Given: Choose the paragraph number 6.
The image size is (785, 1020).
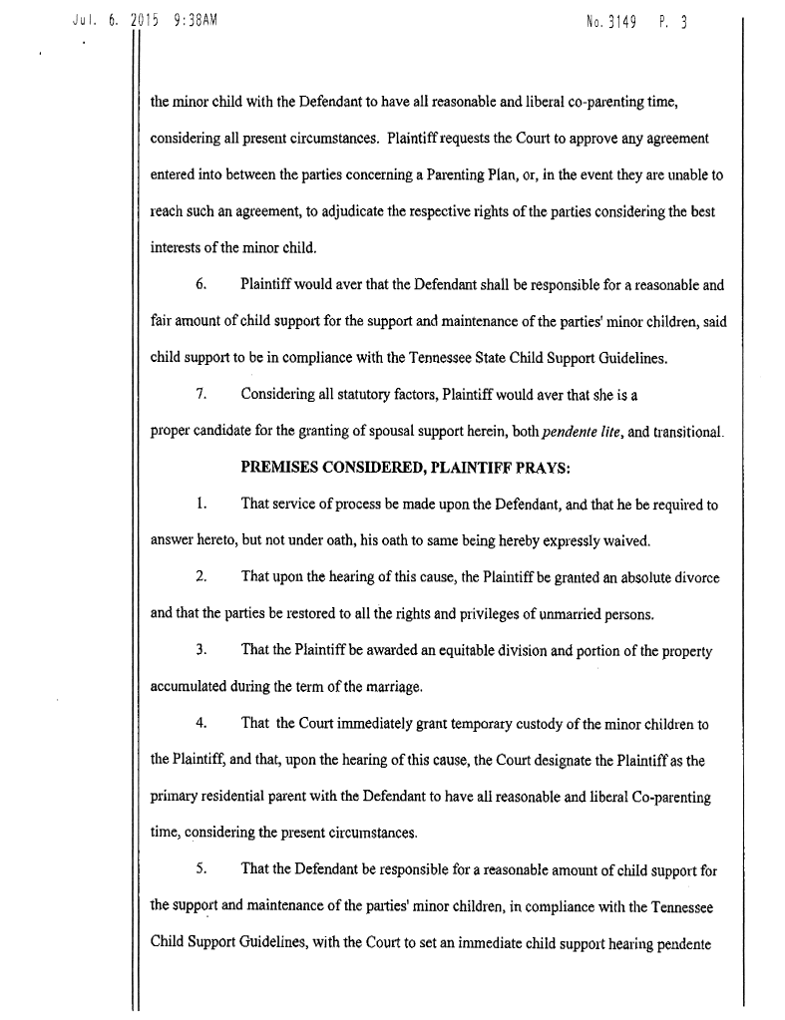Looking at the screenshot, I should point(200,284).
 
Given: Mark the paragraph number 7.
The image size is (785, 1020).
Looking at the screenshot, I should point(200,394).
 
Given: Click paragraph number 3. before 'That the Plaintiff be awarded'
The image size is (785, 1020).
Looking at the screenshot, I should point(200,651).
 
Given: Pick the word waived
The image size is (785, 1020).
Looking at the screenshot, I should point(626,541).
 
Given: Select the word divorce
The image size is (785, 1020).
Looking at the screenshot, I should point(694,577).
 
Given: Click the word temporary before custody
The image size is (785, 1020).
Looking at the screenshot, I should point(450,724).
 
